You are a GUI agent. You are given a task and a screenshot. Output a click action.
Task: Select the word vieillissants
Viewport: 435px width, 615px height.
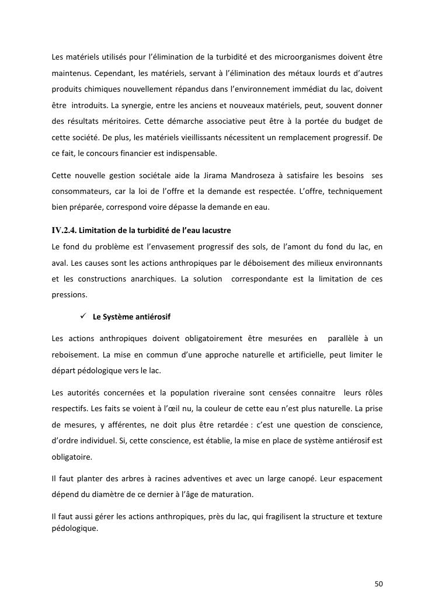click(201, 138)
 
